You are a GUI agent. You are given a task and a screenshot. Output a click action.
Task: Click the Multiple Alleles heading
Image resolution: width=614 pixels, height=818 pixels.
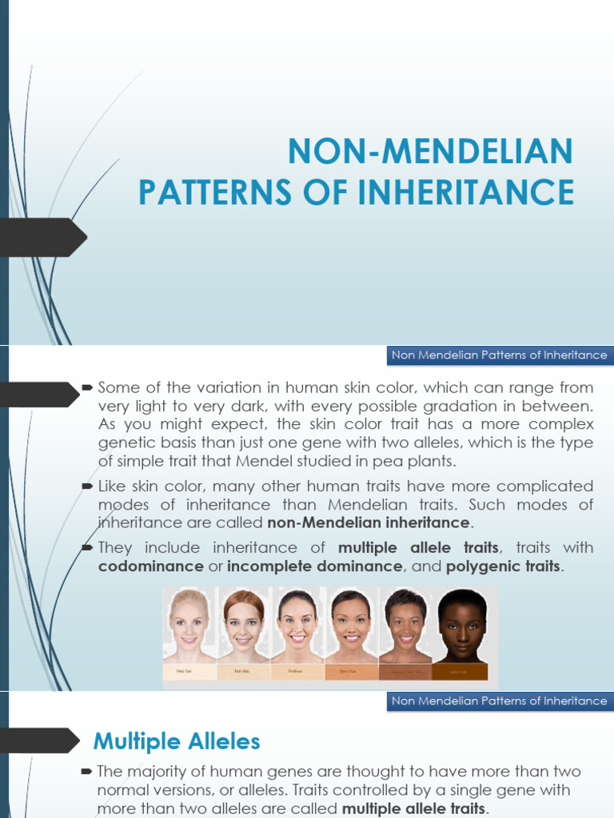177,741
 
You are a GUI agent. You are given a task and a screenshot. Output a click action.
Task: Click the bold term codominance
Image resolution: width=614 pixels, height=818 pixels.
150,566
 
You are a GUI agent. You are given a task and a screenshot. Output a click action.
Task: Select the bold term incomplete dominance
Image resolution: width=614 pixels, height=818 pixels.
314,566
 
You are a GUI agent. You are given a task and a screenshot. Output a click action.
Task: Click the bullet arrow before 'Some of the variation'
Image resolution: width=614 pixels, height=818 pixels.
87,387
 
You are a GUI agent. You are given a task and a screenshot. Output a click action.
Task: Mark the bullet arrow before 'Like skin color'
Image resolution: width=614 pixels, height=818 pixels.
87,486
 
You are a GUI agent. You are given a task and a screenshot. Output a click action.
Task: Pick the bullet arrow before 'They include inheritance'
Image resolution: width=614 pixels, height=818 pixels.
87,547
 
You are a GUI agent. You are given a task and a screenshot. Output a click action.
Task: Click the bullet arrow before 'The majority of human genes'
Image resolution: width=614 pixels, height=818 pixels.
87,772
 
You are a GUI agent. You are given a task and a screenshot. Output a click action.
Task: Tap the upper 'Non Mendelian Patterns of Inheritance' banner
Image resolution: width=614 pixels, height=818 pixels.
499,355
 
